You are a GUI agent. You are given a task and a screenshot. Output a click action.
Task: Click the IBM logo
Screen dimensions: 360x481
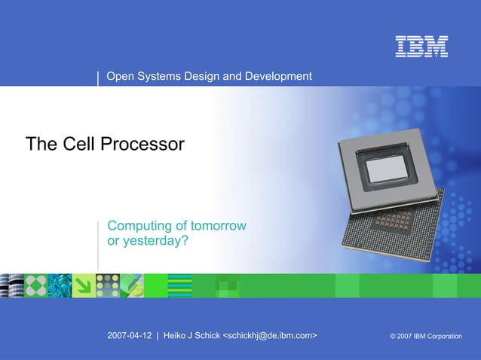[422, 47]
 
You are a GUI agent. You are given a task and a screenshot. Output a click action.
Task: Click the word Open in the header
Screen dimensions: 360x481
[121, 76]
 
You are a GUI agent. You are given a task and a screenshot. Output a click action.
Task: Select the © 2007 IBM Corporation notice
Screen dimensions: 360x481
[425, 336]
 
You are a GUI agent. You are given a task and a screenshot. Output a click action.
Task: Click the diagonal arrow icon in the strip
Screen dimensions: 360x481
[83, 285]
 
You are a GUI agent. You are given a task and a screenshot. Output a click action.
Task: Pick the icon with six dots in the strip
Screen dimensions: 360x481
[107, 285]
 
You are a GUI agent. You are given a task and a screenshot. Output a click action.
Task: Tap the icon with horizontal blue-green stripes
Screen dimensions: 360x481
[179, 285]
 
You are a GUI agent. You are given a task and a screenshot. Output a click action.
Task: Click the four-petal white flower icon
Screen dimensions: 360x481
[35, 285]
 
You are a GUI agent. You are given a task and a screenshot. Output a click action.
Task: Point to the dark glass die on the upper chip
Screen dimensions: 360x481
[388, 166]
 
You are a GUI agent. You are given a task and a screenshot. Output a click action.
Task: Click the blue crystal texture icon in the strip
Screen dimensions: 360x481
[60, 285]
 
